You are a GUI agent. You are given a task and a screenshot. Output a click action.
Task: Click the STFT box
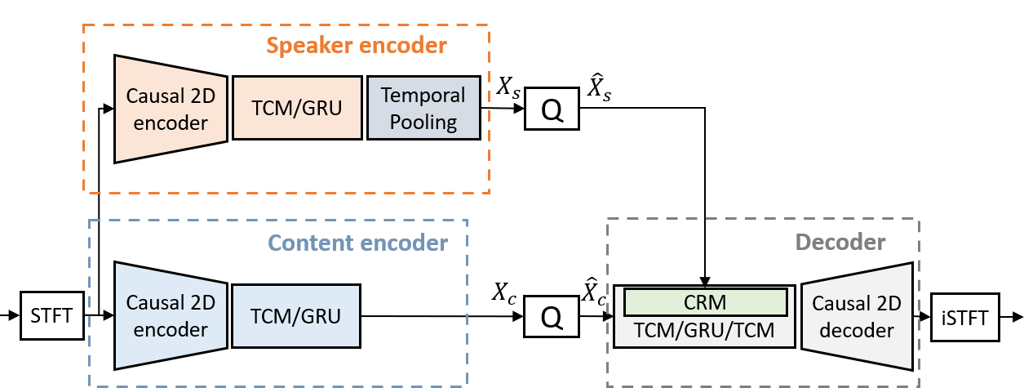pos(51,315)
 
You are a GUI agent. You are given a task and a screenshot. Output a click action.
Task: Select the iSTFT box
pos(965,315)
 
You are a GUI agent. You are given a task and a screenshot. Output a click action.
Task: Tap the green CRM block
pos(705,301)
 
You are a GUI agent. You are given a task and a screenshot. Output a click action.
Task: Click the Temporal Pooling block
pos(423,108)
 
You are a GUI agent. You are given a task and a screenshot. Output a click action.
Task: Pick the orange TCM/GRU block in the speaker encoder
pos(297,108)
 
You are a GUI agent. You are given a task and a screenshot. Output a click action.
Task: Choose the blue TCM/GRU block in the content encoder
pos(295,315)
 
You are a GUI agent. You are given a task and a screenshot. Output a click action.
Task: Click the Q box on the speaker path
pos(552,108)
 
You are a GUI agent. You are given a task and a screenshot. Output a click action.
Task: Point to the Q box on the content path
pos(552,315)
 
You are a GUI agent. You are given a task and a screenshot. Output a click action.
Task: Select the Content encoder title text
pos(358,243)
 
